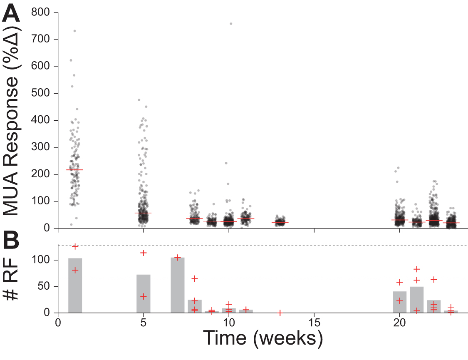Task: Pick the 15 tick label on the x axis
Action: click(x=314, y=323)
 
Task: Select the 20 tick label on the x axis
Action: click(x=399, y=323)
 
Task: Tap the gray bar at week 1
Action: click(x=75, y=285)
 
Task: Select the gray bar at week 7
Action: click(x=178, y=285)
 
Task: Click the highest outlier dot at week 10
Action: click(x=230, y=24)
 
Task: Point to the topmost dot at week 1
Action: click(x=74, y=31)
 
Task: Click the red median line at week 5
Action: click(x=144, y=213)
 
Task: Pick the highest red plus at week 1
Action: click(x=75, y=246)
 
